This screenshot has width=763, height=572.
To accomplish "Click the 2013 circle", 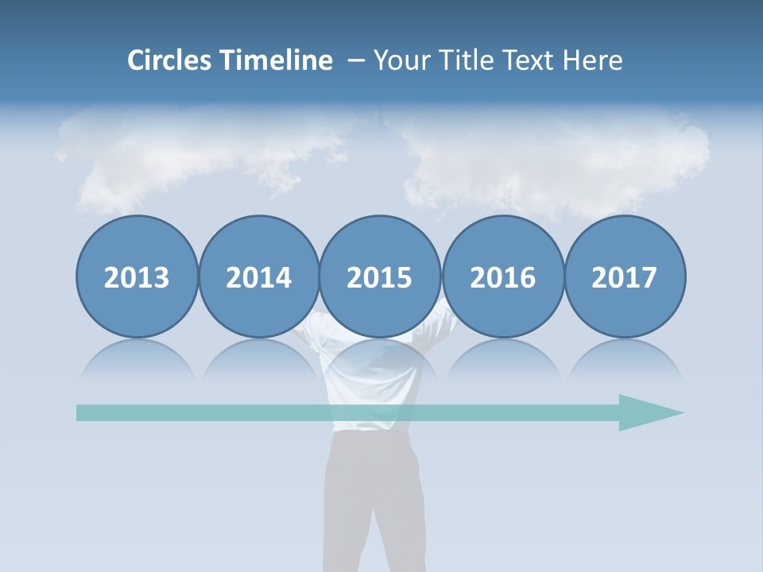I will pyautogui.click(x=137, y=276).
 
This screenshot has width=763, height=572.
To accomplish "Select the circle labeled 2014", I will pyautogui.click(x=259, y=276).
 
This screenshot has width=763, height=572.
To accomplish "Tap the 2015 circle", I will pyautogui.click(x=380, y=276).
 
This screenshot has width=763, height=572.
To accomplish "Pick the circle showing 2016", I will pyautogui.click(x=502, y=276).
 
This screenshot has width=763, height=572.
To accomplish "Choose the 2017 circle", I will pyautogui.click(x=625, y=276).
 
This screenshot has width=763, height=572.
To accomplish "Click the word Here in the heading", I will pyautogui.click(x=591, y=60).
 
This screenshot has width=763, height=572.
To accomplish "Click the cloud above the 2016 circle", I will pyautogui.click(x=525, y=171).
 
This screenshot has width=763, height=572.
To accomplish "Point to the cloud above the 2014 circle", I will pyautogui.click(x=238, y=159).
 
